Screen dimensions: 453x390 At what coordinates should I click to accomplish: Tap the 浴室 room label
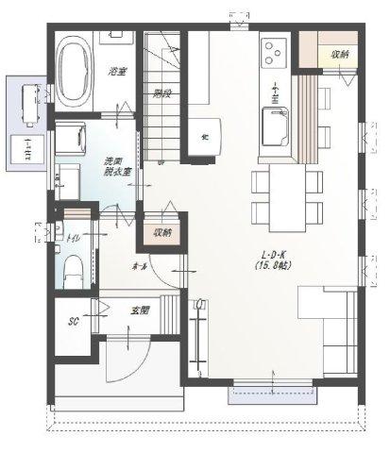click(117, 71)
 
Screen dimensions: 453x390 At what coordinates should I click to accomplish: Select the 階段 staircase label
click(161, 92)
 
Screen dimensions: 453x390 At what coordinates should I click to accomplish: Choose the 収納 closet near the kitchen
click(338, 55)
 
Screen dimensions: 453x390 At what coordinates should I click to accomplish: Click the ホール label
click(140, 267)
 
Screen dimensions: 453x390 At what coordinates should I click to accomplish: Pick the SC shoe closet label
click(73, 321)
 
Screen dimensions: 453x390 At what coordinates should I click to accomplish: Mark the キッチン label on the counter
click(275, 94)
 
